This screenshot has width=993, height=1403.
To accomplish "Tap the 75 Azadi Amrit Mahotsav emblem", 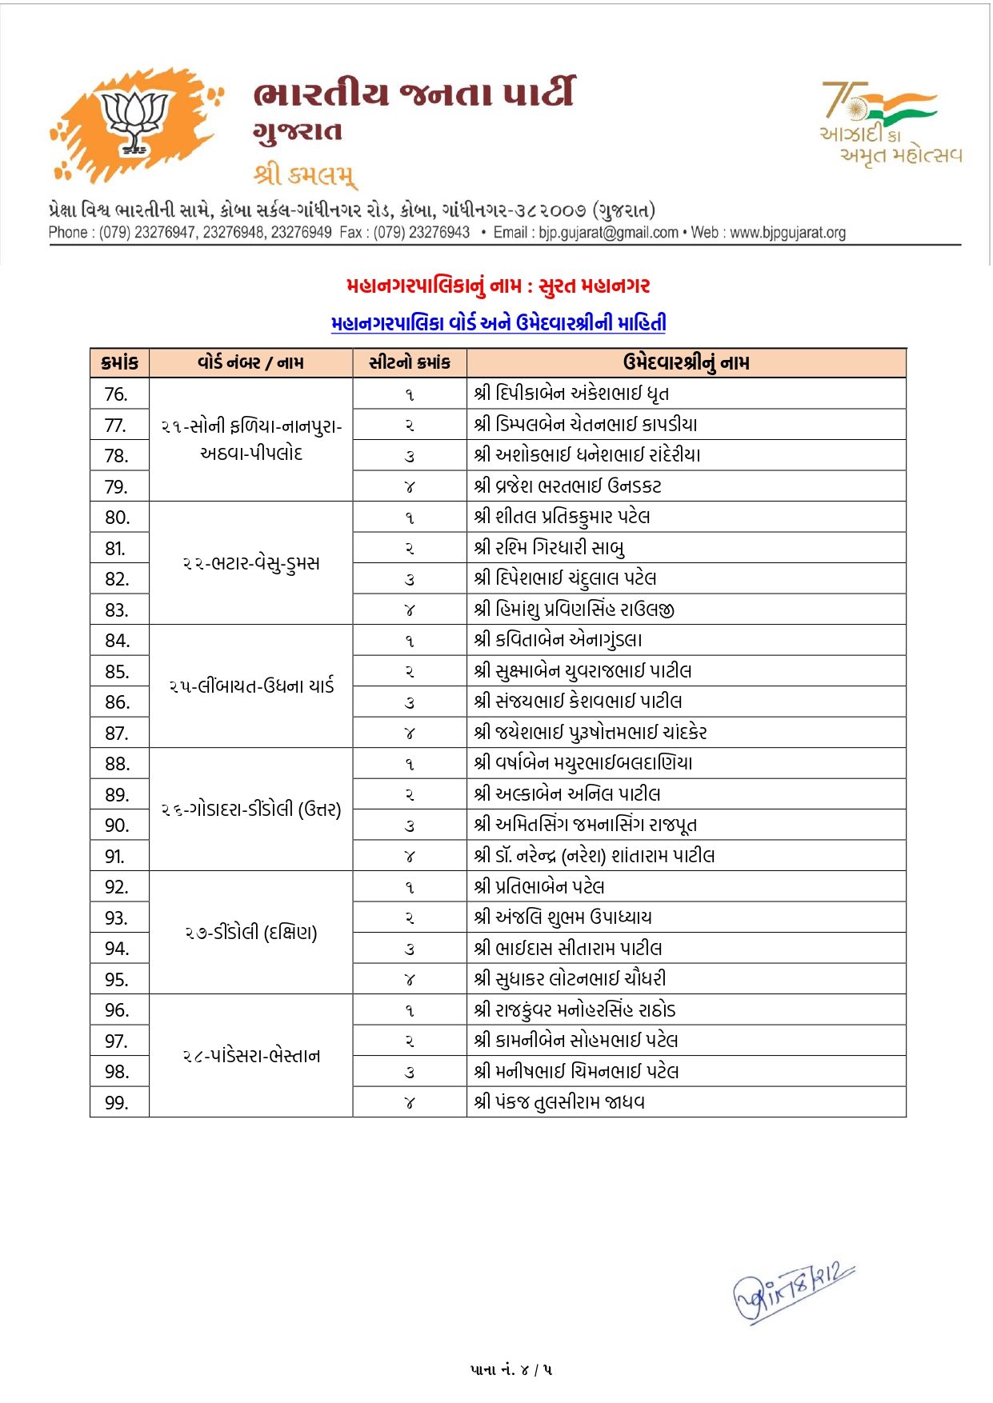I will click(890, 122).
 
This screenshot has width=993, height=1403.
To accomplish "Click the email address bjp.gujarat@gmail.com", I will click(608, 233).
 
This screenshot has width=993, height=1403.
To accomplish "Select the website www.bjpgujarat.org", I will click(787, 233).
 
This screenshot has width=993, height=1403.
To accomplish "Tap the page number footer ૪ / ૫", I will click(511, 1370).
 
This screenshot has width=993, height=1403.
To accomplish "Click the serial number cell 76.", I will click(117, 394).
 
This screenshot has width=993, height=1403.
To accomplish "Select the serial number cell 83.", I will click(117, 610).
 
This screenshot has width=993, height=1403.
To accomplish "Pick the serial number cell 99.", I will click(117, 1103).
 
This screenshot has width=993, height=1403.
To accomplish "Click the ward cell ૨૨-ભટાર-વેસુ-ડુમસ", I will click(251, 564).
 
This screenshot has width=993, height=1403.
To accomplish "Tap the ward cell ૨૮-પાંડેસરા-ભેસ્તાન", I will click(251, 1057).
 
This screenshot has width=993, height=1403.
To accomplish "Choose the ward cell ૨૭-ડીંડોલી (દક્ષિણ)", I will click(251, 933).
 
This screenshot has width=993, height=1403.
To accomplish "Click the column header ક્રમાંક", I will click(120, 363).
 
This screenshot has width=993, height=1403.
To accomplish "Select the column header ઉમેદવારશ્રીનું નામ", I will click(686, 363).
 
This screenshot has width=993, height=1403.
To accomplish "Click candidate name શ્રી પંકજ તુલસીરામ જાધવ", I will click(559, 1102).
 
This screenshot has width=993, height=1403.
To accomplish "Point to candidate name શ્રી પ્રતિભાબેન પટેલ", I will click(539, 887).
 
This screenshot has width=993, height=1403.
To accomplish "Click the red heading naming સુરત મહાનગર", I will click(498, 286).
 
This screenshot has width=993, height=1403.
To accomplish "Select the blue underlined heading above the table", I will click(498, 323).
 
